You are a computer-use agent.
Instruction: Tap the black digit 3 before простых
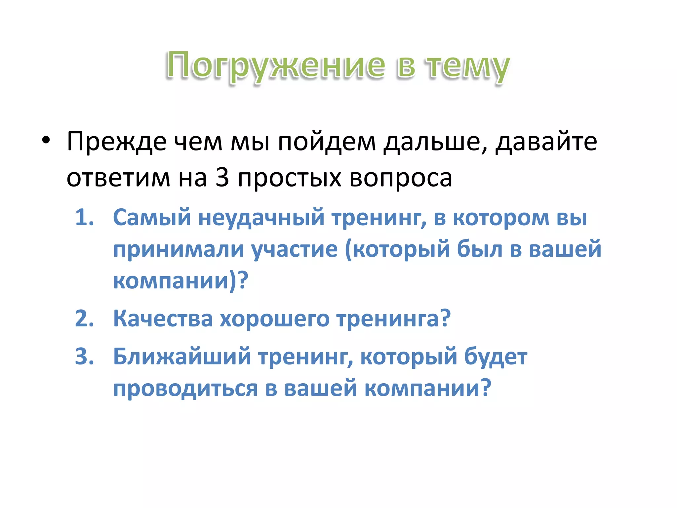click(x=222, y=177)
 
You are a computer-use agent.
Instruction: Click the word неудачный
click(x=261, y=218)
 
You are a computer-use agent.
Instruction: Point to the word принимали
click(x=179, y=250)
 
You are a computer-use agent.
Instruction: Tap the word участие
click(x=295, y=250)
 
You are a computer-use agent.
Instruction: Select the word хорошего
click(x=274, y=319)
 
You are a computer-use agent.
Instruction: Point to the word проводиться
click(x=185, y=388)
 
